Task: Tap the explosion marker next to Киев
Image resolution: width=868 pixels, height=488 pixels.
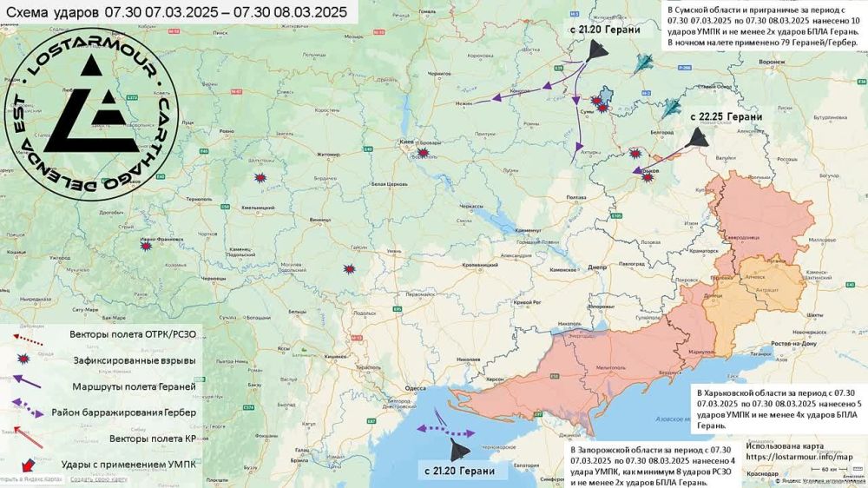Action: click(x=423, y=154)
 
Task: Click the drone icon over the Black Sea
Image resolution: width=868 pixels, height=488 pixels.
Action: click(x=457, y=449)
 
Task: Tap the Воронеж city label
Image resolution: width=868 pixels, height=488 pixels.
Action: click(x=771, y=62)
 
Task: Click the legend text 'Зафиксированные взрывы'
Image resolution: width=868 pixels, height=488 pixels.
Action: click(x=133, y=359)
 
